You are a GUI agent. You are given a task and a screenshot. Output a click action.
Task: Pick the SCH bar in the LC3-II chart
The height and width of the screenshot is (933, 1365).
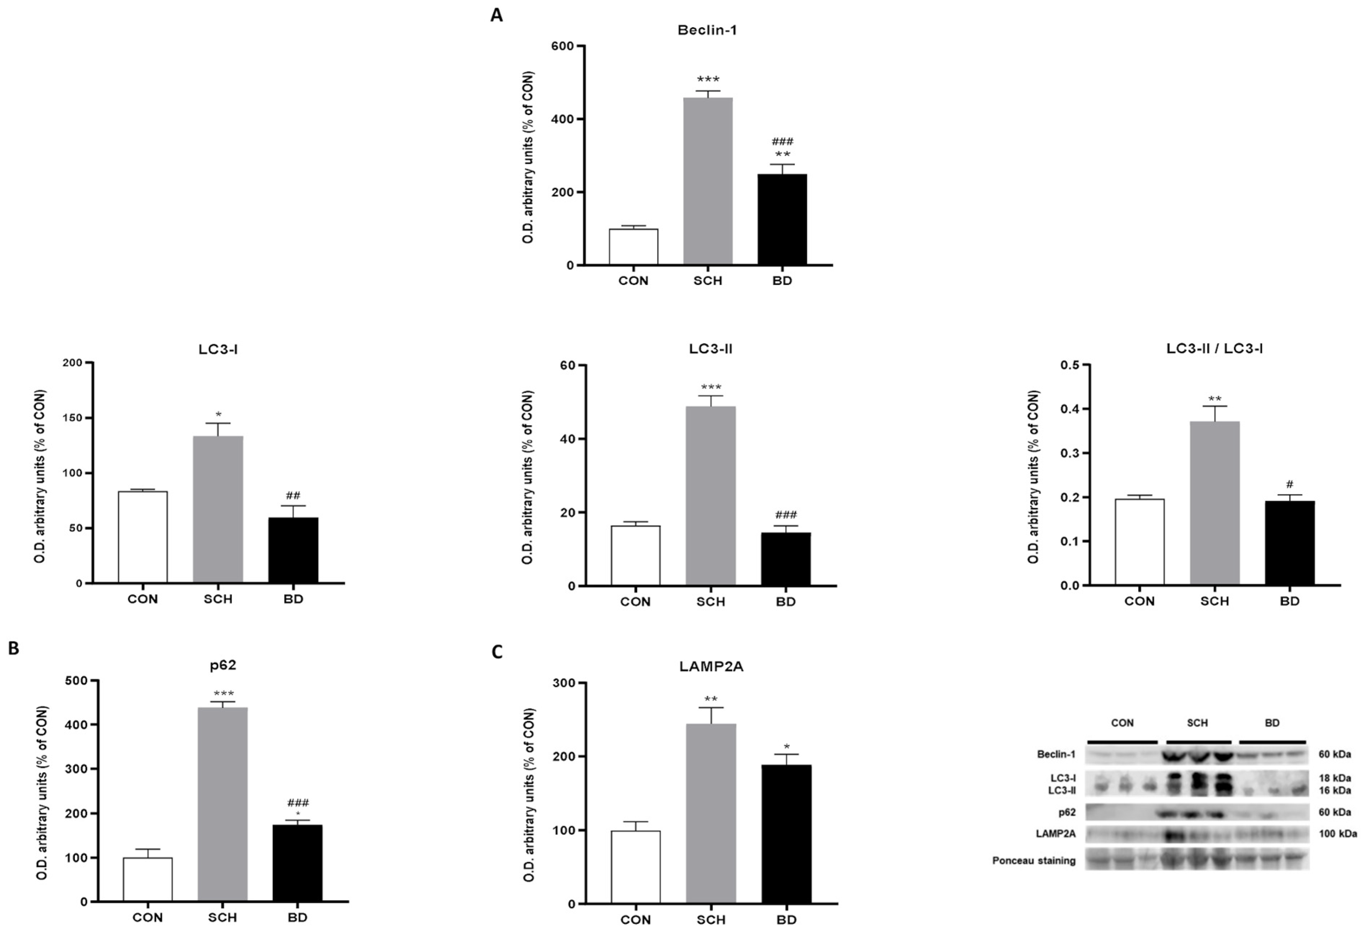[x=711, y=496]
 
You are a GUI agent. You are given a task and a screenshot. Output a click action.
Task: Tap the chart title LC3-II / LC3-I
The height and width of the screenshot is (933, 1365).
[x=1215, y=349]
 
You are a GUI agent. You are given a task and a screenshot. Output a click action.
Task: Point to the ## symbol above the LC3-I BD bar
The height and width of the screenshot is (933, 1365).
[x=293, y=495]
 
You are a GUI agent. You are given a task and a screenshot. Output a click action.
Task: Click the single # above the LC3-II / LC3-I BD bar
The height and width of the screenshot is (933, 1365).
[x=1290, y=484]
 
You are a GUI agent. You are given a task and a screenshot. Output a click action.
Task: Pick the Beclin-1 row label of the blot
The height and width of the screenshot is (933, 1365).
[x=1056, y=754]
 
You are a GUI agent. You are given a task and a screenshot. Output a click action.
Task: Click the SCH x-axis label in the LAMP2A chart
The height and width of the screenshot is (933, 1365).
[x=711, y=919]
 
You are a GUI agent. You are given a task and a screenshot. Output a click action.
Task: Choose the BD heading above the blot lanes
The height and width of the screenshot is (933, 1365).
[x=1272, y=723]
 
